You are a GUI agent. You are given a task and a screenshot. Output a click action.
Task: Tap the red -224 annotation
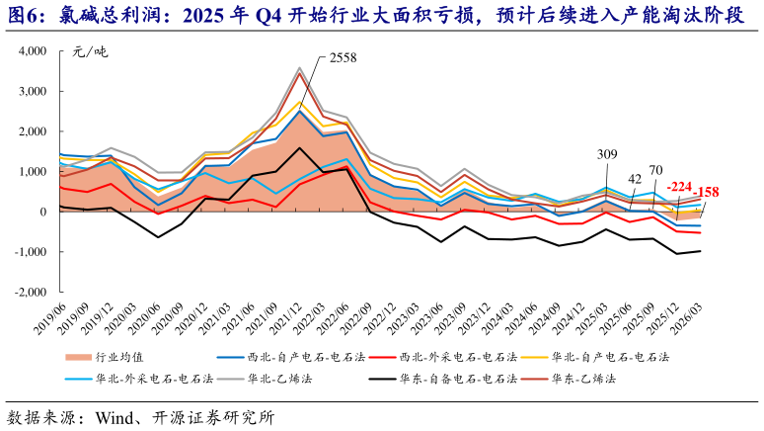coord(680,186)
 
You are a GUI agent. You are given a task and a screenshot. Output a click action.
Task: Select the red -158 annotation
coord(708,192)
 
